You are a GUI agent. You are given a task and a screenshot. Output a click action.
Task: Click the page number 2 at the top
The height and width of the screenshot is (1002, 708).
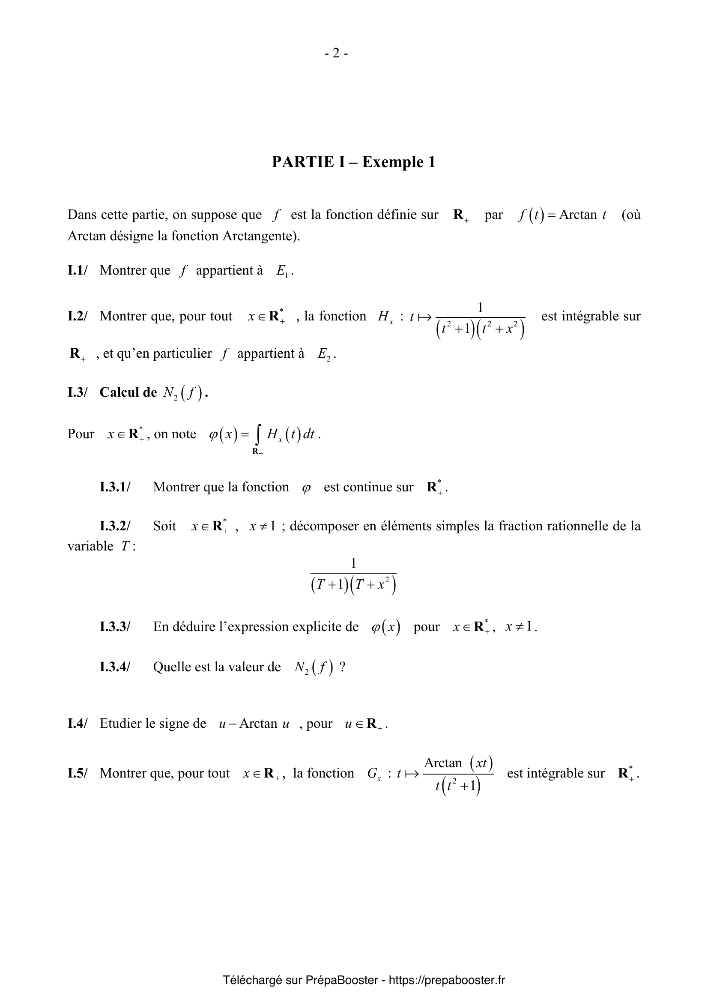[336, 53]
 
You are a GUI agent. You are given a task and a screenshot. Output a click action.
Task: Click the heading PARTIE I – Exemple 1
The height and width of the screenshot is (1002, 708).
[353, 162]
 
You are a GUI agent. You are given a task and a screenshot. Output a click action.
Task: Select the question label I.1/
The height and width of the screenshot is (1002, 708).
[77, 271]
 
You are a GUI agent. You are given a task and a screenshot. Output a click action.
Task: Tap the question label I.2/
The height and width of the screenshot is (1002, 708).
[77, 316]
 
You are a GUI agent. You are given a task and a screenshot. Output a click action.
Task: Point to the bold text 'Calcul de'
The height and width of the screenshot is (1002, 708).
[128, 392]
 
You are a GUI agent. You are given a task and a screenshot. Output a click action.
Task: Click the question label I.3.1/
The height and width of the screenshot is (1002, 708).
[115, 487]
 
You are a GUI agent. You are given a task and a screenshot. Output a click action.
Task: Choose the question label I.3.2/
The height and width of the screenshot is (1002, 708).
[115, 526]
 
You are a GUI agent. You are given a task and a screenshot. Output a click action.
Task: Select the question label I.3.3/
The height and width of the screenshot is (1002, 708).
[115, 627]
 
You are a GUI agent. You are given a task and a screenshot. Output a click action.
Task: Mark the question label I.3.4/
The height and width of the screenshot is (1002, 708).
[115, 667]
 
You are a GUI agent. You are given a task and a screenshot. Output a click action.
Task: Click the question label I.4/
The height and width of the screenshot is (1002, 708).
[77, 724]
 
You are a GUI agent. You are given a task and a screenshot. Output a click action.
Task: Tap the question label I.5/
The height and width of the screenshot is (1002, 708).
[77, 773]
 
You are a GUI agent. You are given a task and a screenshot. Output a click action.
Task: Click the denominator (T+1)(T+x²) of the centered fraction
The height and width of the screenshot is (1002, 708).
[353, 585]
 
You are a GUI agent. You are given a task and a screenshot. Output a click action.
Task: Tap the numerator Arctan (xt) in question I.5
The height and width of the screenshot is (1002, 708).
[458, 763]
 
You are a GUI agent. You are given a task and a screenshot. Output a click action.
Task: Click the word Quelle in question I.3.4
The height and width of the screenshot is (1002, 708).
[172, 667]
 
